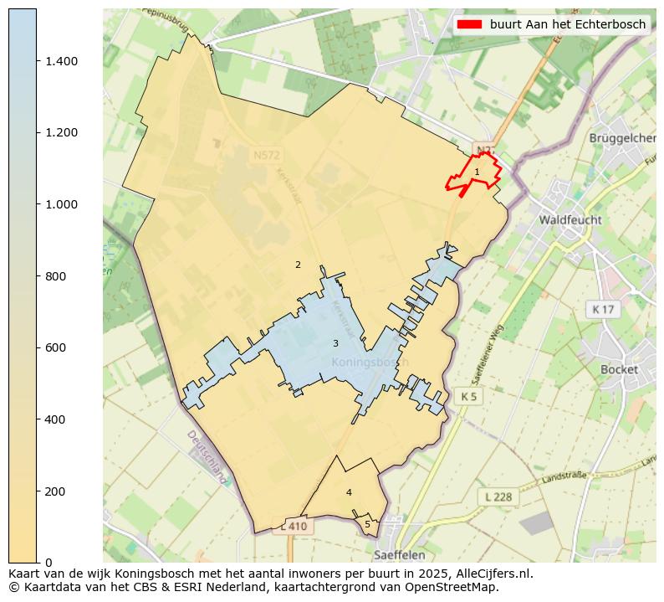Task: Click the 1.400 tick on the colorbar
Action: (x=37, y=61)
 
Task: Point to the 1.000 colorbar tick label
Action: (x=60, y=204)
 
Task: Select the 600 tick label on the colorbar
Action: (x=54, y=347)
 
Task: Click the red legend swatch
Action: (x=470, y=24)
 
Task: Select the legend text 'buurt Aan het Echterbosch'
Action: (x=568, y=24)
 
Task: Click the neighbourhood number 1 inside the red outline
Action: (x=477, y=172)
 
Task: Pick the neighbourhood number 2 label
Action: (x=298, y=265)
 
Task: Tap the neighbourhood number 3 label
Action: (x=335, y=344)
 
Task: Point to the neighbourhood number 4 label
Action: (x=349, y=492)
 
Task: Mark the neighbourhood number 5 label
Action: (x=367, y=525)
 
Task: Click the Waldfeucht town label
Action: (x=570, y=220)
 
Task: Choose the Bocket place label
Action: (x=619, y=369)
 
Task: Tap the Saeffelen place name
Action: (x=400, y=554)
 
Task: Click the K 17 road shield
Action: (x=602, y=310)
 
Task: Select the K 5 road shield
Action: (x=468, y=395)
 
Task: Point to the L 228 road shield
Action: (x=498, y=497)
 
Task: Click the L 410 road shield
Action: (x=294, y=527)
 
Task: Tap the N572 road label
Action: (x=268, y=155)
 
